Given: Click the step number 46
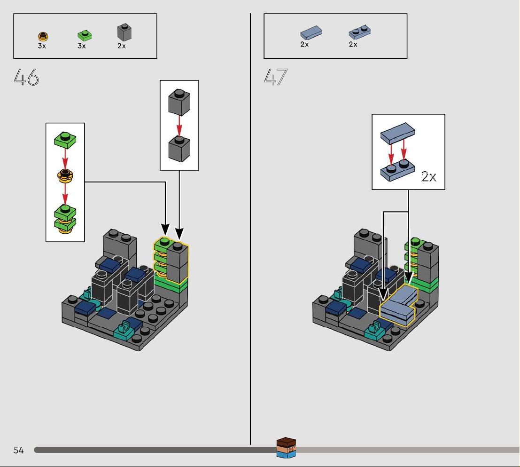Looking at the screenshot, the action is (x=26, y=77).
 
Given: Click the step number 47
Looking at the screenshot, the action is (x=276, y=77).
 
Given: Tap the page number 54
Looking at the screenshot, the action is (x=19, y=450).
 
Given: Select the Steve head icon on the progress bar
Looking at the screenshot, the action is (x=286, y=447).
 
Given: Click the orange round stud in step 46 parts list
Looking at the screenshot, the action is (x=43, y=36).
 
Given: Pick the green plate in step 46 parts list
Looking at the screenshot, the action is (x=85, y=36).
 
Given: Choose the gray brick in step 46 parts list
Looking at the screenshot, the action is (x=124, y=32).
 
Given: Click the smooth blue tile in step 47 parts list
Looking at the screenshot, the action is (x=311, y=32).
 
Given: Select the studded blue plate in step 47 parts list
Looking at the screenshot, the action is (x=360, y=32).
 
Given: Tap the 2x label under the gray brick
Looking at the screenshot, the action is (x=121, y=46).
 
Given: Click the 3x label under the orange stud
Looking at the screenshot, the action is (x=42, y=46).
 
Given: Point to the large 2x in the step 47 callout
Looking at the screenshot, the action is (x=428, y=176).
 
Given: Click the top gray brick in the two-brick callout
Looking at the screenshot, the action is (x=179, y=102).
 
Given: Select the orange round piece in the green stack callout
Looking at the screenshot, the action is (x=65, y=175).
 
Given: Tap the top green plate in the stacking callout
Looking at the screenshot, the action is (x=65, y=140).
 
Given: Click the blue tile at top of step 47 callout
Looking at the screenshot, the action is (x=397, y=134).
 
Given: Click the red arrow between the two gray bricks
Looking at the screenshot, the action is (x=179, y=126).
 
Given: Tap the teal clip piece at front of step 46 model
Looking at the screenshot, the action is (x=125, y=329).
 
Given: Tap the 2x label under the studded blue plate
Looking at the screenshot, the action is (x=353, y=45).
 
